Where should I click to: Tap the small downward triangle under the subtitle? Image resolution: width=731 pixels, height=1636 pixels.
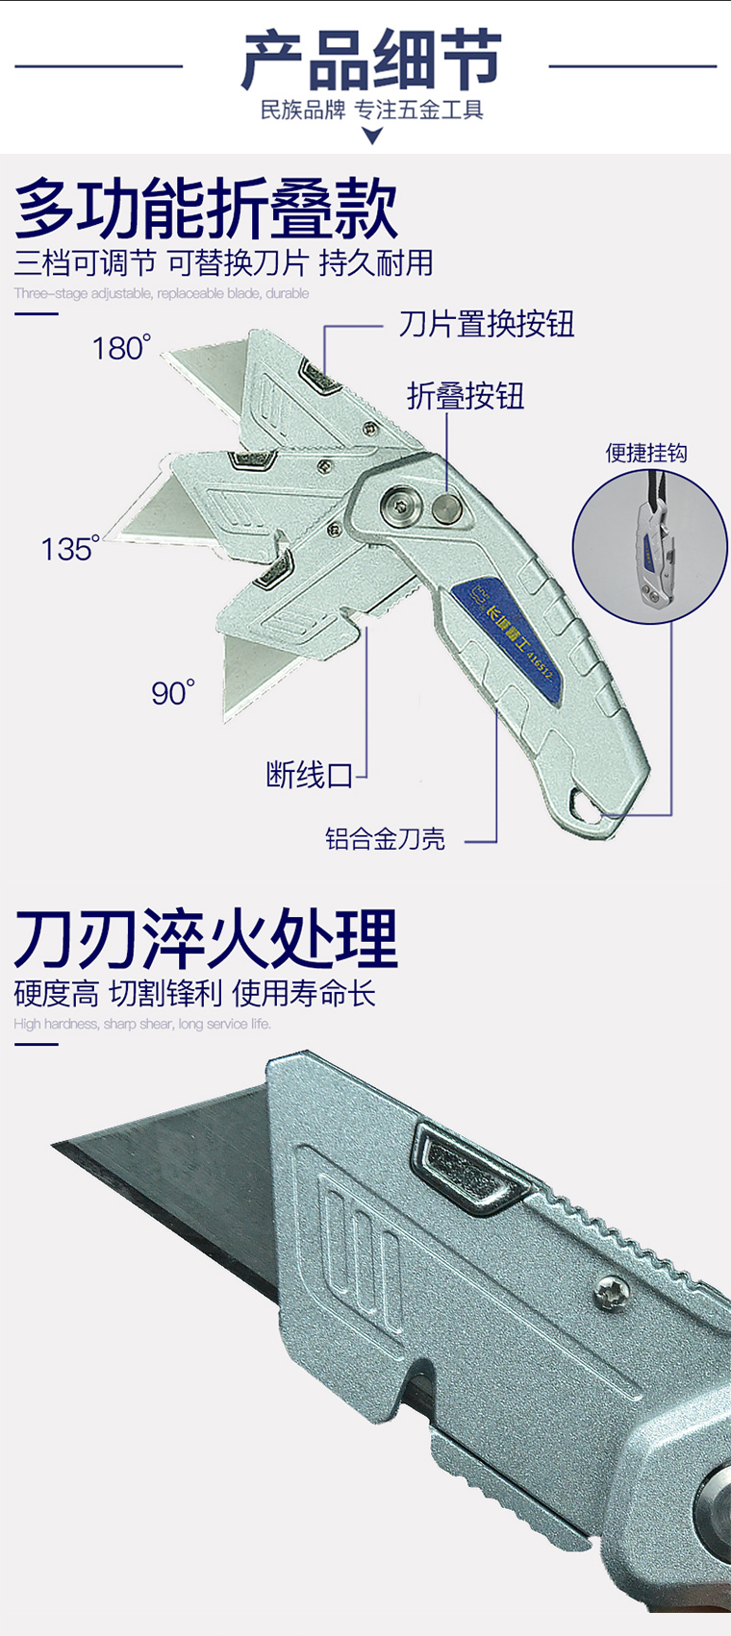pyautogui.click(x=372, y=136)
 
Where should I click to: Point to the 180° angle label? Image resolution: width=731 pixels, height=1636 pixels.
pyautogui.click(x=121, y=347)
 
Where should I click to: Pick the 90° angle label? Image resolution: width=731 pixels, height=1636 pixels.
pyautogui.click(x=172, y=692)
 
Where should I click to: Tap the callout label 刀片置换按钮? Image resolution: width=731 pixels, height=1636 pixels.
pyautogui.click(x=487, y=324)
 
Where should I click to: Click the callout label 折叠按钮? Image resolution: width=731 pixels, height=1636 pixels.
pyautogui.click(x=466, y=396)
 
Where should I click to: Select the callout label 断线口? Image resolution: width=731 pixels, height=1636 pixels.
pyautogui.click(x=310, y=774)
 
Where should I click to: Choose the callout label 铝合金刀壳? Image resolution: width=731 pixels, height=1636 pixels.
pyautogui.click(x=385, y=839)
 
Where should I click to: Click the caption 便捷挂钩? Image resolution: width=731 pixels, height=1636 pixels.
pyautogui.click(x=646, y=453)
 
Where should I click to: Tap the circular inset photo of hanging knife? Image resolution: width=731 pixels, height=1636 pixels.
pyautogui.click(x=649, y=547)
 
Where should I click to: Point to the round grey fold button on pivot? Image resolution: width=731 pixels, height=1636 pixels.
pyautogui.click(x=444, y=508)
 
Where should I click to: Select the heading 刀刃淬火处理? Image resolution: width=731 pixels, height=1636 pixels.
pyautogui.click(x=206, y=938)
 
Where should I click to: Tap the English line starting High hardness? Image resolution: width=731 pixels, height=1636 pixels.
pyautogui.click(x=142, y=1024)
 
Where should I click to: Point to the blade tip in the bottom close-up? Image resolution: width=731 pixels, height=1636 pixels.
pyautogui.click(x=58, y=1146)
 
